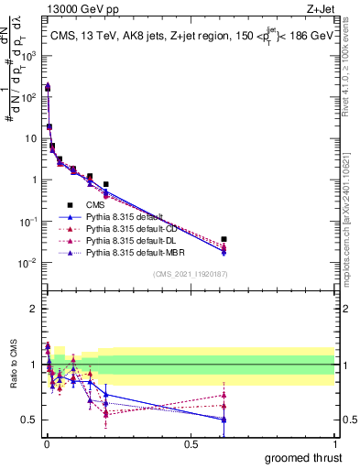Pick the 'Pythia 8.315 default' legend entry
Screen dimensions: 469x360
127,217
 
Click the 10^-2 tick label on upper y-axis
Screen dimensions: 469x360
28,263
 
